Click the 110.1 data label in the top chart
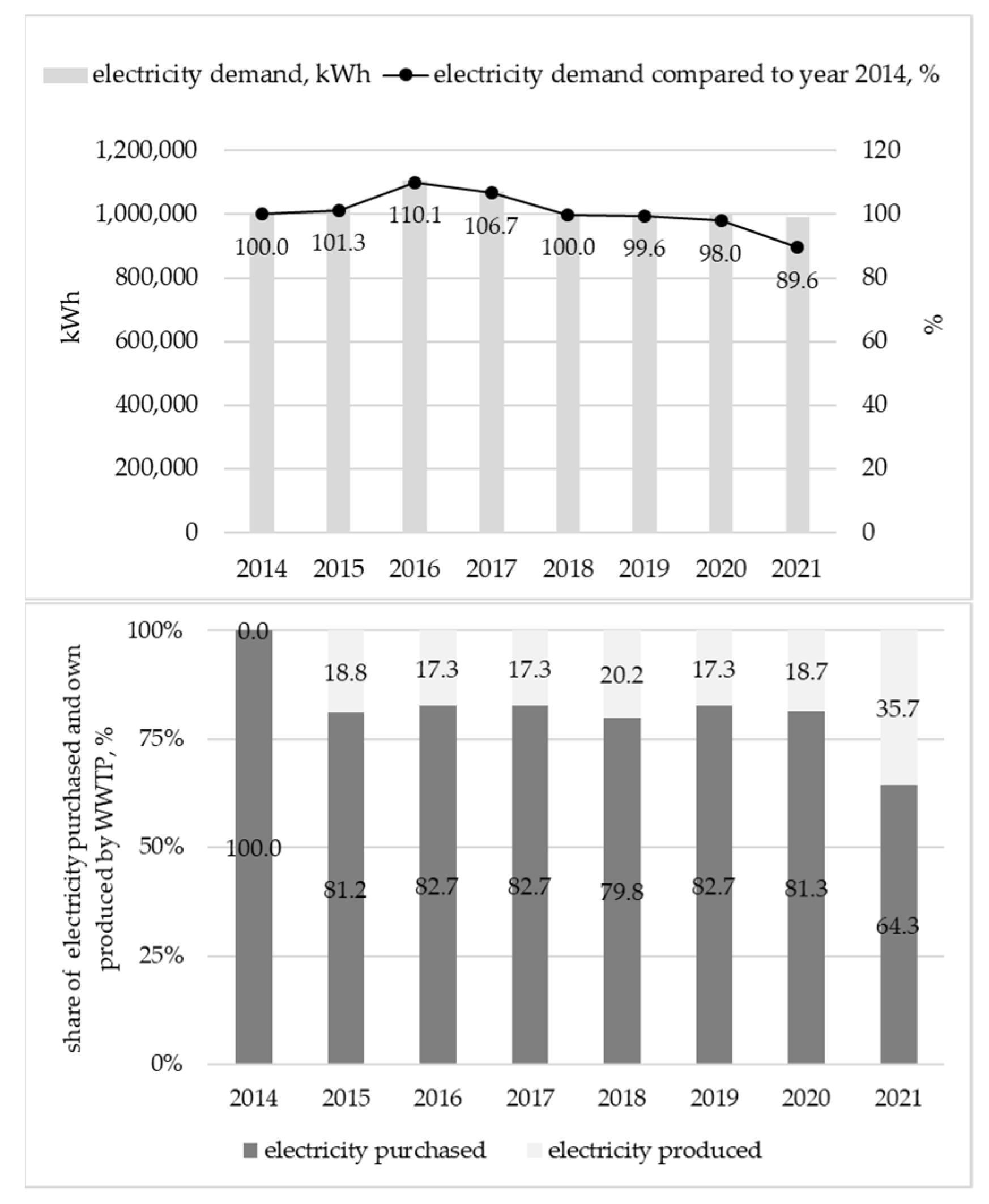415,215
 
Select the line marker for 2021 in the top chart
797,247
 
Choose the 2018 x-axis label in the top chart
568,569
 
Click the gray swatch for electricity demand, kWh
65,75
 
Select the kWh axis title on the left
71,317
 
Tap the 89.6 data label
796,281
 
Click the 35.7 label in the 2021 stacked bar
898,709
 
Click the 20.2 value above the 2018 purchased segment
621,676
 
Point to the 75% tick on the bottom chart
161,740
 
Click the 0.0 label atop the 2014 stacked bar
254,632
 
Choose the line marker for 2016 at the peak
415,183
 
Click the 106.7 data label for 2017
491,227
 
